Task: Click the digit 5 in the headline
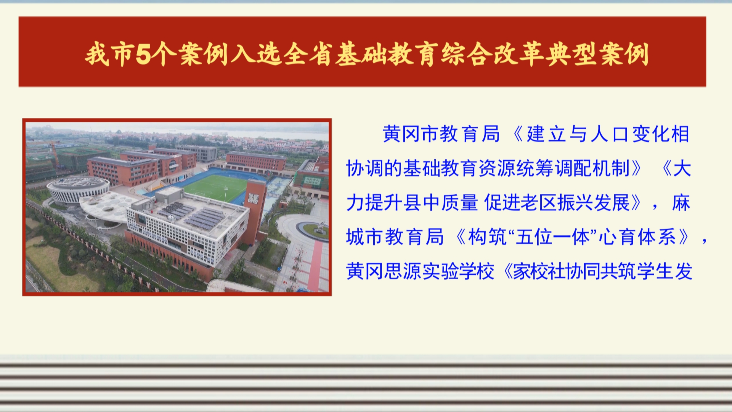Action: [x=144, y=54]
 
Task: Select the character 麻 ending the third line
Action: [x=681, y=203]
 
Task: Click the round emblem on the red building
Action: [x=173, y=165]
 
